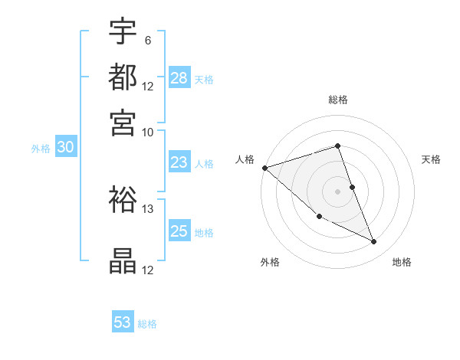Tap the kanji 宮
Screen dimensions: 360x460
[x=123, y=123]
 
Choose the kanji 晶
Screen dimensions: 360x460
[x=123, y=261]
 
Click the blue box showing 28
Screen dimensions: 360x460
[x=179, y=78]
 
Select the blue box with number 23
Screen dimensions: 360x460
[x=179, y=162]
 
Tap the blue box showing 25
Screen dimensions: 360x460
[x=179, y=231]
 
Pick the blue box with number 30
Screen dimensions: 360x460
[x=65, y=148]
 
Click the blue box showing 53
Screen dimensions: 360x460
[x=123, y=322]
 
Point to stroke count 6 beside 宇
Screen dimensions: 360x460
[x=147, y=40]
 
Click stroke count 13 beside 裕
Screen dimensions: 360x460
[x=148, y=208]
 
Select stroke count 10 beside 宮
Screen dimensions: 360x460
[x=148, y=132]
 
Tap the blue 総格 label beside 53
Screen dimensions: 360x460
[x=148, y=324]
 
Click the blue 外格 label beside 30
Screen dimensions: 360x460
[x=41, y=149]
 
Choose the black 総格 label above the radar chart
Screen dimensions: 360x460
[x=337, y=100]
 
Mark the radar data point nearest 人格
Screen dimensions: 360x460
[x=264, y=167]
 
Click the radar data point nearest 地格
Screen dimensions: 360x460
[x=373, y=242]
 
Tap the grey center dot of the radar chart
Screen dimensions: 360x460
[x=337, y=191]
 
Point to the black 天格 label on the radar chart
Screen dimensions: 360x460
[x=432, y=159]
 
